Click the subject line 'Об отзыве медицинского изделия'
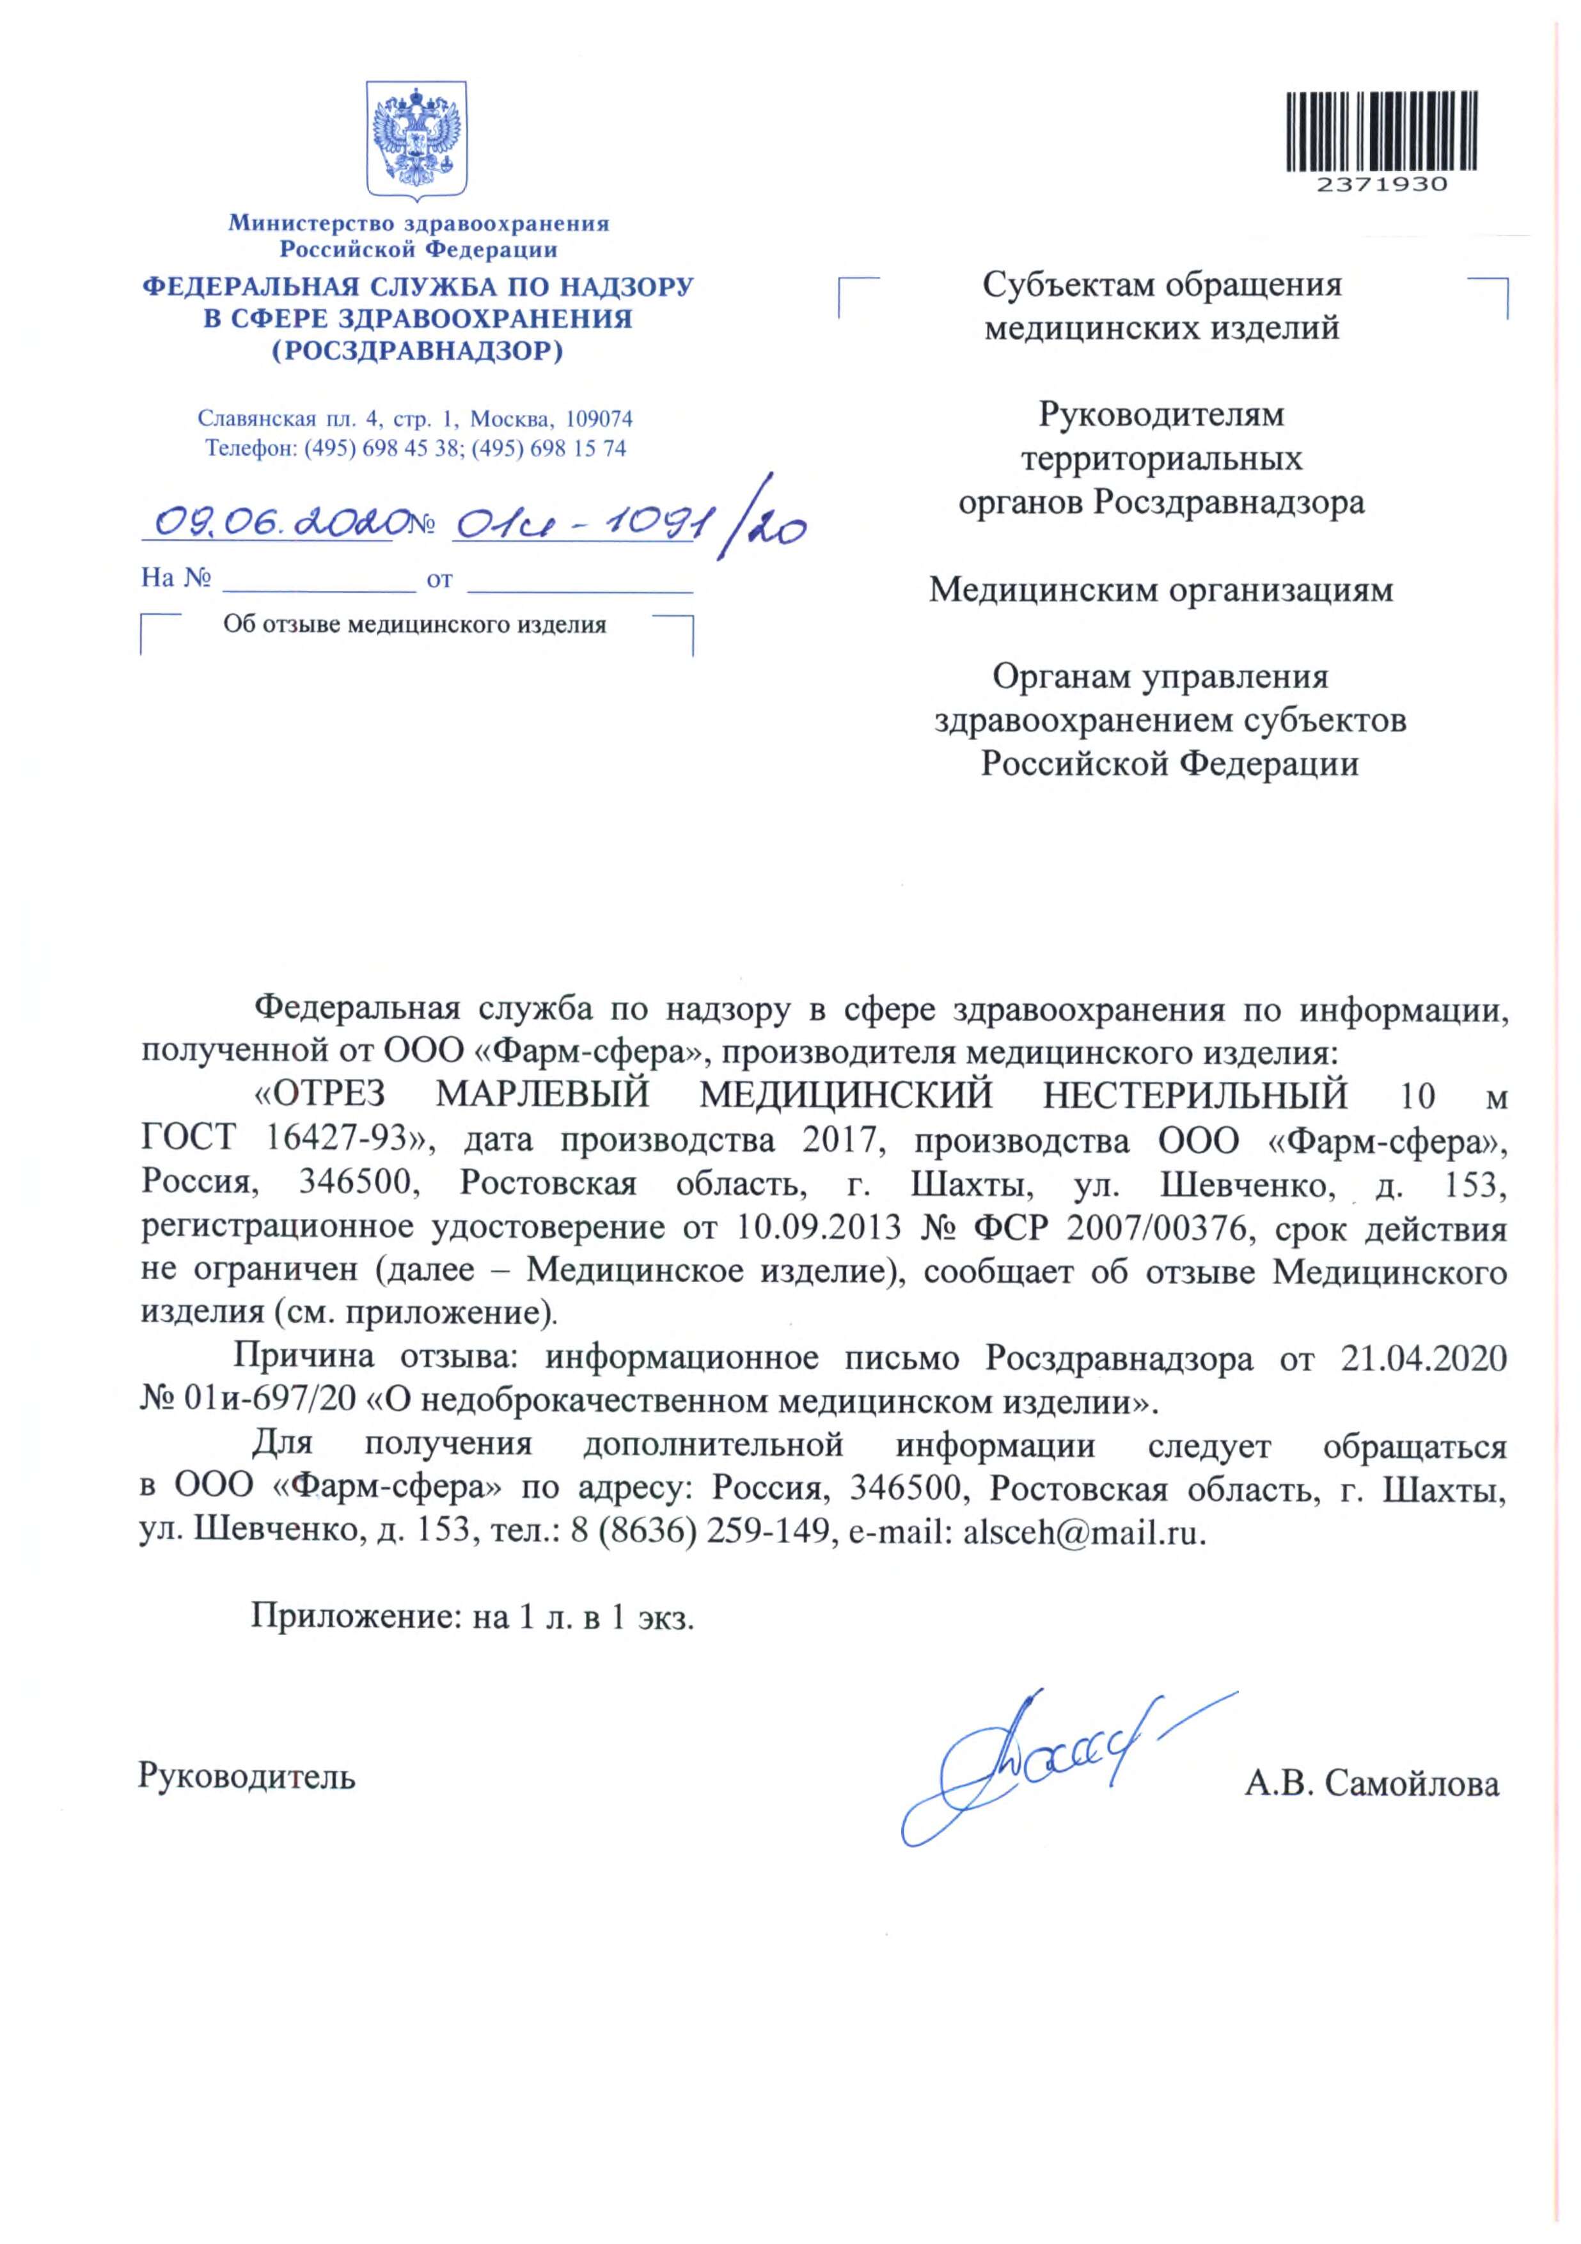coord(414,625)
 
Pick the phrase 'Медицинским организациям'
coord(1161,590)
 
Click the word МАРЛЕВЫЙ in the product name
coord(542,1095)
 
